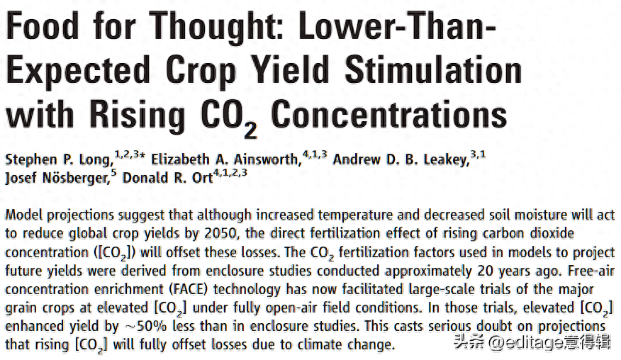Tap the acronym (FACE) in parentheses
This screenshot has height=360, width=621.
186,290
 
